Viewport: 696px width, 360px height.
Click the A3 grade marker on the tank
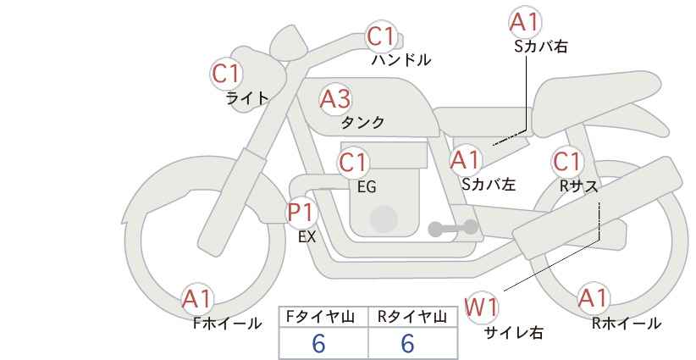(335, 99)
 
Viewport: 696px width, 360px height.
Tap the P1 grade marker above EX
(301, 213)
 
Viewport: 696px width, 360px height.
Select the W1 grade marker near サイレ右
(481, 307)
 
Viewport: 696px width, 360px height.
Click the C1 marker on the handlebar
(381, 36)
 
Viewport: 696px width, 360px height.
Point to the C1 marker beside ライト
(226, 75)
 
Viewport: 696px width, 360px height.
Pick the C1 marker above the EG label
(353, 163)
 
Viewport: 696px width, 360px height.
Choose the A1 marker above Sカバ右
(525, 22)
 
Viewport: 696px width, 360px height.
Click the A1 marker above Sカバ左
(465, 160)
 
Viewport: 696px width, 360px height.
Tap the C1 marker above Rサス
(566, 162)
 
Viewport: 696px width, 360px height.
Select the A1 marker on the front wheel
(197, 299)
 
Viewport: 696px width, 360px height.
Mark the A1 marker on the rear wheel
(593, 298)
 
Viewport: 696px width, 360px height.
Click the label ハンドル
(401, 60)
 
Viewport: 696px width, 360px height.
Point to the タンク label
(362, 123)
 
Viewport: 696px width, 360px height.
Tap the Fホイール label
(227, 324)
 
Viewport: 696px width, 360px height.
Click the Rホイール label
(627, 324)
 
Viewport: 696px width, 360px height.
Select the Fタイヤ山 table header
(320, 317)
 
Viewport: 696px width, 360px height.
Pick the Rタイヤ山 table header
(412, 317)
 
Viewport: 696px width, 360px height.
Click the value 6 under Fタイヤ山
(318, 343)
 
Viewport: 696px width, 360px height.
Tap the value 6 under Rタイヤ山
(407, 343)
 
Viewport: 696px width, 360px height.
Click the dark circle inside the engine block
(384, 219)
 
